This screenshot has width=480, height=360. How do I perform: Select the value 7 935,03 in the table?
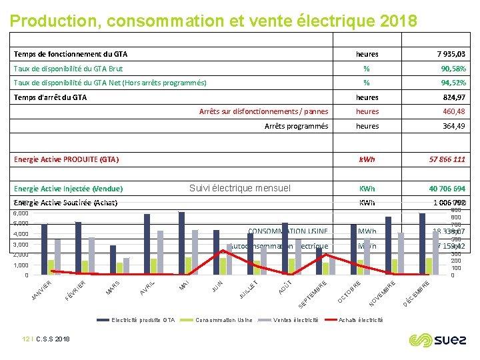coord(451,54)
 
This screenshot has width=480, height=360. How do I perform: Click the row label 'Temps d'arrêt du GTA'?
coord(51,97)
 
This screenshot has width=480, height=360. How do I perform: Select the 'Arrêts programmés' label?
coord(296,126)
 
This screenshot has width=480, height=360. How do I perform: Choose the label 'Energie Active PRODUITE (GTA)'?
coord(66,160)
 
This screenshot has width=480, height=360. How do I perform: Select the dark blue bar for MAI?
coord(181,243)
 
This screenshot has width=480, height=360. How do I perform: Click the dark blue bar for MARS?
coord(113,259)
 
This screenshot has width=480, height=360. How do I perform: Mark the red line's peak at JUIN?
coord(223,251)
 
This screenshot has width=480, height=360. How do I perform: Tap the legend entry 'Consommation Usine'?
coord(223,320)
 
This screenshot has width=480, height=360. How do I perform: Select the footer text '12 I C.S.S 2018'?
coord(46,339)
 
